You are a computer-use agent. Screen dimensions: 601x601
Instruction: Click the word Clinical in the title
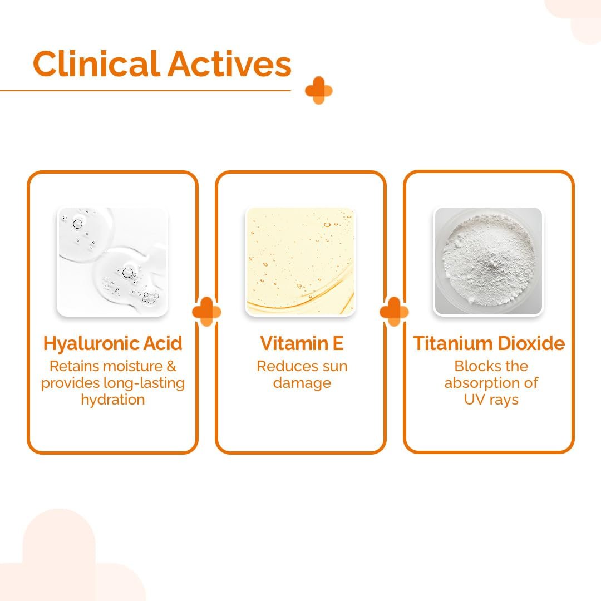coord(96,63)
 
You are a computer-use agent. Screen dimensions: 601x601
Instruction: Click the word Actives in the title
coord(229,63)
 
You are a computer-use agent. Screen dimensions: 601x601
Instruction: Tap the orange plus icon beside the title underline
coord(318,91)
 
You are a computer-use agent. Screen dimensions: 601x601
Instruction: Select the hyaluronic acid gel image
coord(112,262)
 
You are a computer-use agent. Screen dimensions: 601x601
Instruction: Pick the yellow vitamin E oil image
coord(300,262)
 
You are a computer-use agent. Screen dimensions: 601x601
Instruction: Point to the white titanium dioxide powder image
coord(488,262)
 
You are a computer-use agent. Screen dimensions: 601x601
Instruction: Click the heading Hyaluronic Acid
coord(112,343)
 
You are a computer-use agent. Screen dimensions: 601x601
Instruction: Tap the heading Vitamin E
coord(301,343)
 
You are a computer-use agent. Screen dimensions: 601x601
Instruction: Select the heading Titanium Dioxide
coord(489,343)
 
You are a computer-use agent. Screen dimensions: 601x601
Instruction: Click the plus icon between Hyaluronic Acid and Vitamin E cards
coord(206,311)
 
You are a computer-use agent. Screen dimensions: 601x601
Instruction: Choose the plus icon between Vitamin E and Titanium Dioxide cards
coord(394,311)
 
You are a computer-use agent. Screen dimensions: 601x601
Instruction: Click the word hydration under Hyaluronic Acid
coord(113,400)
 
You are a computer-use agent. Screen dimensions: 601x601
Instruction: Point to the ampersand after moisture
coord(171,366)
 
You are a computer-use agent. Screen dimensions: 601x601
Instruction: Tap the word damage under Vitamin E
coord(302,383)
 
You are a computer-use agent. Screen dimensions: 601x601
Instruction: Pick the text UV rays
coord(491,400)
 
